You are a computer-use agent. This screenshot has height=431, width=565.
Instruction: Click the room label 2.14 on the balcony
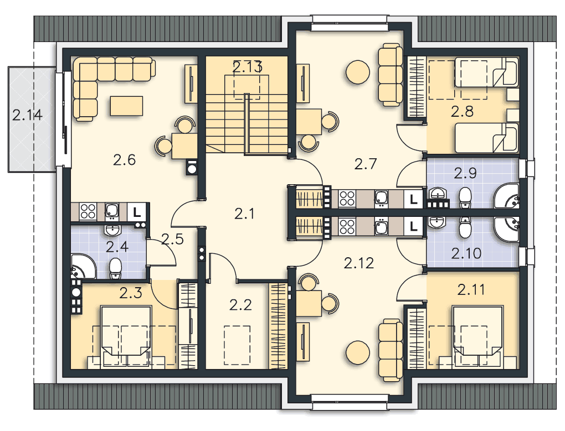(27, 115)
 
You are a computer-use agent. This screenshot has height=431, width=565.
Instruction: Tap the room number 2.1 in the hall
(244, 214)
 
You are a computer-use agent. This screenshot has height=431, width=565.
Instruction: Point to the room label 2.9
(465, 173)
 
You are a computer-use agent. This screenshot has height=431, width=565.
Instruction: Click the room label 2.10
(466, 253)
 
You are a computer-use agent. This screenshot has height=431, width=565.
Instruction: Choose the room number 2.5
(172, 239)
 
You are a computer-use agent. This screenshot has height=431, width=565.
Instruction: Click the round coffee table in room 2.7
(357, 71)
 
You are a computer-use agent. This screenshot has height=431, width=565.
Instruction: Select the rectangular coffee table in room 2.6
(126, 106)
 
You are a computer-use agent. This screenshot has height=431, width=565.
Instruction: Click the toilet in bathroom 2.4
(115, 268)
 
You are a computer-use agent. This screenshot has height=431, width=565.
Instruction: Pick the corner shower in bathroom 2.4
(83, 267)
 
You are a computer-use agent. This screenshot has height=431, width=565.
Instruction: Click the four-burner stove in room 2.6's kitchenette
(88, 212)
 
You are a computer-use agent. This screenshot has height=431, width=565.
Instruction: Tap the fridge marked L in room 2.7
(413, 199)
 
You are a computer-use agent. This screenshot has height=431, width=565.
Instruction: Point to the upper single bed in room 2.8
(486, 72)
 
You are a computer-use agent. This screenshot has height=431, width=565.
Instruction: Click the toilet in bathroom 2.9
(465, 198)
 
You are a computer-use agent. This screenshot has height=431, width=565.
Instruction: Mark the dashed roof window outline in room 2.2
(237, 345)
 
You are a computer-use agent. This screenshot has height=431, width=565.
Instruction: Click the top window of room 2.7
(349, 24)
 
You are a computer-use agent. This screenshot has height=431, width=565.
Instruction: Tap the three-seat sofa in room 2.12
(391, 350)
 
